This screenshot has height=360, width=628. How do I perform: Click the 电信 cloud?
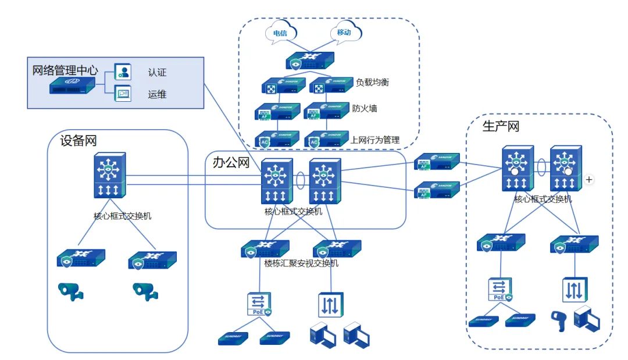click(x=280, y=33)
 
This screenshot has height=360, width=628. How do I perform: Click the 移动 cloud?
click(x=344, y=33)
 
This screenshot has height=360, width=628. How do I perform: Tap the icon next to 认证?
click(x=123, y=72)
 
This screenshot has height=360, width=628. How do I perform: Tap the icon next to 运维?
click(x=123, y=93)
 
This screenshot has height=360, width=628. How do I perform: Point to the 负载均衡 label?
click(x=372, y=83)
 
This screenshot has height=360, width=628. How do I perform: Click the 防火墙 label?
click(x=365, y=108)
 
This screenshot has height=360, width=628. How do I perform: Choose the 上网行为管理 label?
click(x=375, y=140)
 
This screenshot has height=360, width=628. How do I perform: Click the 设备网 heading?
click(x=78, y=140)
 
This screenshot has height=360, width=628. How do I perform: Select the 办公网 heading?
click(x=231, y=162)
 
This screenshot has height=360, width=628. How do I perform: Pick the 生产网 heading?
click(x=501, y=126)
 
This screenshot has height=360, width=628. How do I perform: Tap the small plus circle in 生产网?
click(x=589, y=180)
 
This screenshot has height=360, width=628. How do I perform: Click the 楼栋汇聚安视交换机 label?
click(x=301, y=263)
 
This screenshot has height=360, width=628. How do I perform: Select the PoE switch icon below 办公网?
click(x=259, y=304)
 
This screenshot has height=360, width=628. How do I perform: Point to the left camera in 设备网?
click(x=70, y=290)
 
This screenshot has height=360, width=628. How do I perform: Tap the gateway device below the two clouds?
click(x=310, y=60)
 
